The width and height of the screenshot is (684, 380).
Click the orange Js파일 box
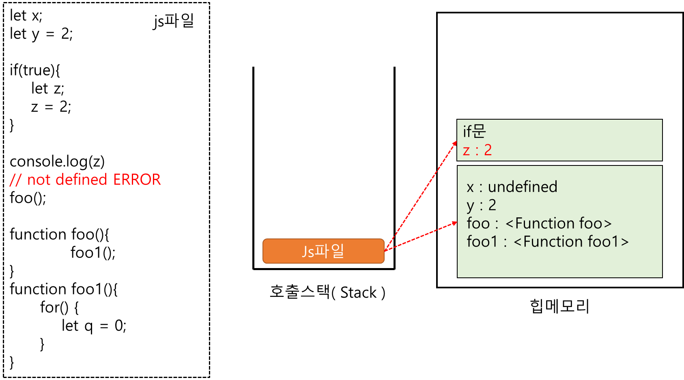tap(323, 251)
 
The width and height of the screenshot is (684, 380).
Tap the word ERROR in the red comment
tap(137, 180)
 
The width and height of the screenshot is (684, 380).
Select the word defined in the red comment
tap(81, 180)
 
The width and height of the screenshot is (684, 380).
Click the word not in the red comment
tap(39, 180)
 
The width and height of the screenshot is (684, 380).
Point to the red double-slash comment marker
tap(15, 180)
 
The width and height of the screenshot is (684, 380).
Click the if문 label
tap(474, 131)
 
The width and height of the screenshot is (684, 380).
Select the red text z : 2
tap(477, 150)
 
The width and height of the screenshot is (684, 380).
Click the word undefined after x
tap(523, 187)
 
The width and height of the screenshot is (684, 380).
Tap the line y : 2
tap(481, 205)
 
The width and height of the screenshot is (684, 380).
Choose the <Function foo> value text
tap(558, 223)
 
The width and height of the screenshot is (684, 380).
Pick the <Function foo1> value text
tap(571, 242)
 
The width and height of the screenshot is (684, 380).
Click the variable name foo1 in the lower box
tap(482, 242)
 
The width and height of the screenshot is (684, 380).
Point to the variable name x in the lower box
tap(470, 187)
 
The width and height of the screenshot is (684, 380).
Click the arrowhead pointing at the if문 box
tap(455, 143)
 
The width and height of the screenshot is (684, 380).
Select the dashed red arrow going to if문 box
tap(422, 195)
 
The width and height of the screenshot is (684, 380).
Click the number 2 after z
tap(488, 150)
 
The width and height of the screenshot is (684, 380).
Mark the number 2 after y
tap(492, 205)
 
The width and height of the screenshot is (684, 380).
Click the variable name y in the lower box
tap(470, 206)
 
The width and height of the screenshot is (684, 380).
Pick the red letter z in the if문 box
tap(466, 151)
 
